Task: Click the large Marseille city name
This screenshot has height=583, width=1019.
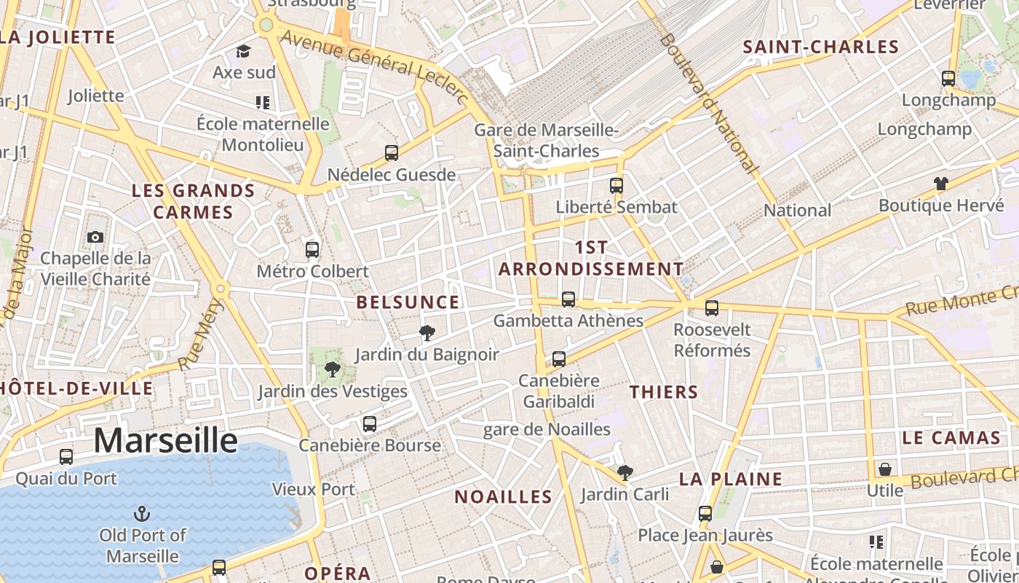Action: click(165, 441)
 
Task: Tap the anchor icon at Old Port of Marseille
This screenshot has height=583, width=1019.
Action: click(143, 514)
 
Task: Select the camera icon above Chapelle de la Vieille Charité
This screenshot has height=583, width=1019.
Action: click(95, 237)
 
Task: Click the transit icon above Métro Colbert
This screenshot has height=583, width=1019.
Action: click(312, 249)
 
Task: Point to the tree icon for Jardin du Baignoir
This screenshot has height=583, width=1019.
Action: click(427, 334)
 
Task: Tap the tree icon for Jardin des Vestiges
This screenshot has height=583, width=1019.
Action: click(333, 369)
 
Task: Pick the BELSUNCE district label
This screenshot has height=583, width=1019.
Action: click(408, 302)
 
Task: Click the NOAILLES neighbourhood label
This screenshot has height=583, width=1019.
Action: click(503, 497)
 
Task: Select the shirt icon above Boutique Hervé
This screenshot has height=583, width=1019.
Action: click(941, 184)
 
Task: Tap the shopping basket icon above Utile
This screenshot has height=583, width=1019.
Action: click(885, 469)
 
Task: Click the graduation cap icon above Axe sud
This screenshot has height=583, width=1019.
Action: click(243, 52)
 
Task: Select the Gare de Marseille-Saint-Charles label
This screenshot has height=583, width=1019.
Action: click(546, 141)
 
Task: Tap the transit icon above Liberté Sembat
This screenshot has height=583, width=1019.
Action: click(616, 185)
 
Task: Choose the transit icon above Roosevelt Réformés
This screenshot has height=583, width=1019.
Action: click(711, 308)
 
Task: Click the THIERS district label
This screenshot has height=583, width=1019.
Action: click(664, 392)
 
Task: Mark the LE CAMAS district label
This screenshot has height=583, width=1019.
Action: click(951, 438)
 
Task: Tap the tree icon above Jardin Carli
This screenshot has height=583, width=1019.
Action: click(625, 473)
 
